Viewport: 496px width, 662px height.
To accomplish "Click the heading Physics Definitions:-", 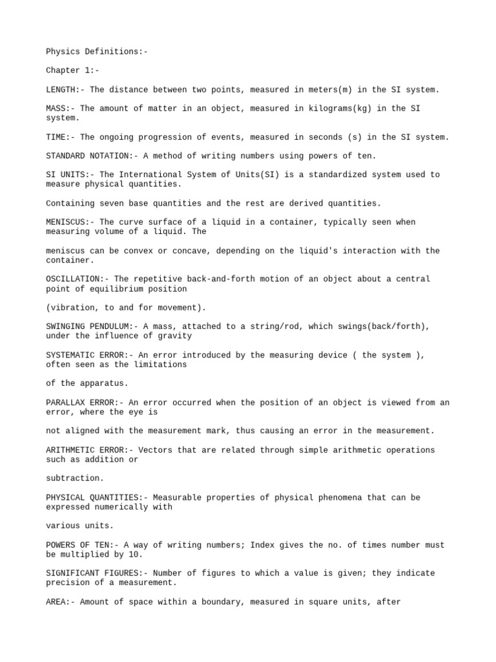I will (x=97, y=51).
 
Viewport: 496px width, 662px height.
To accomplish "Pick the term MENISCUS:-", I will (x=70, y=222).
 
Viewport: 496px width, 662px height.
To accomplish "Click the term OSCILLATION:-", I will (x=75, y=279).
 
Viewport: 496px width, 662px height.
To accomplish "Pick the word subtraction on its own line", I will (x=75, y=478).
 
